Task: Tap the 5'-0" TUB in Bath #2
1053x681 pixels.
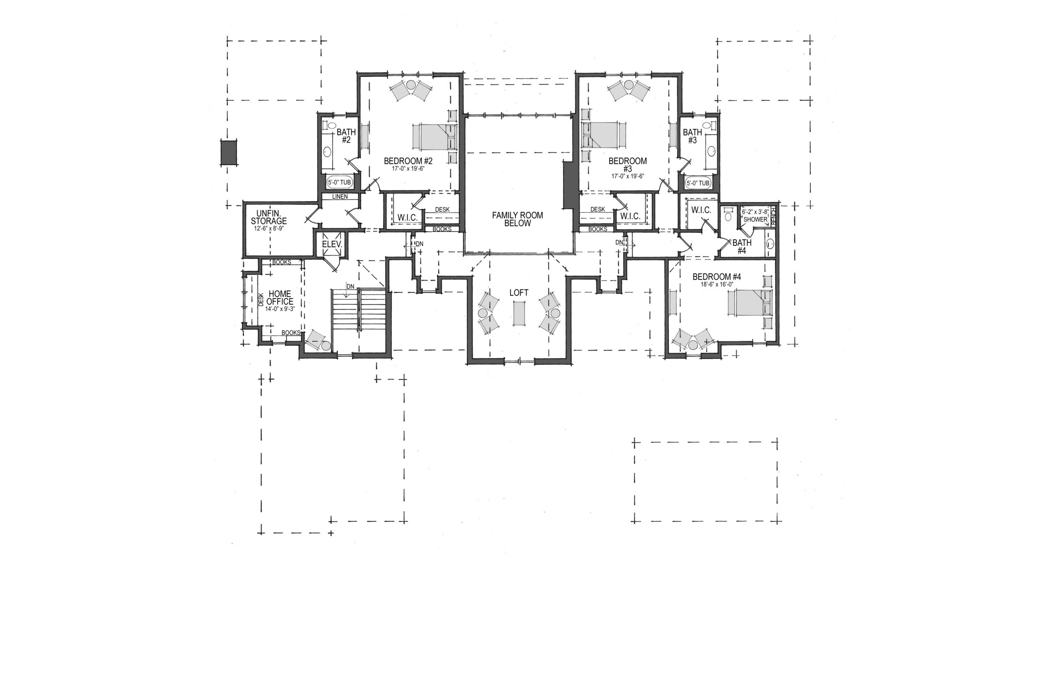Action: tap(340, 182)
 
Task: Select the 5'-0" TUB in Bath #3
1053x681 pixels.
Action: tap(698, 182)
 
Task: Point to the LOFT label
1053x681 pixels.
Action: tap(518, 293)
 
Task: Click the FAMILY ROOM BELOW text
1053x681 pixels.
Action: tap(517, 219)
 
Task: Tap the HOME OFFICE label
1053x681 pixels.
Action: tap(281, 298)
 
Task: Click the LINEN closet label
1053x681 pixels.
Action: tap(340, 196)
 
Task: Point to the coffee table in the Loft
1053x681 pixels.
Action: tap(519, 313)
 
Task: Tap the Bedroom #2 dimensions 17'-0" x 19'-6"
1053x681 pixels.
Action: tap(408, 169)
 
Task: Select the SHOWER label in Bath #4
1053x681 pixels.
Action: tap(755, 219)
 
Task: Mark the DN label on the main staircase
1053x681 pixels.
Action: tap(350, 286)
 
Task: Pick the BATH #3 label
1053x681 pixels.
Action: tap(692, 136)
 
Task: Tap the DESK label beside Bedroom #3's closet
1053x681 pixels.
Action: tap(598, 209)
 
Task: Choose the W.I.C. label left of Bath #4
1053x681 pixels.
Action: tap(701, 210)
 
